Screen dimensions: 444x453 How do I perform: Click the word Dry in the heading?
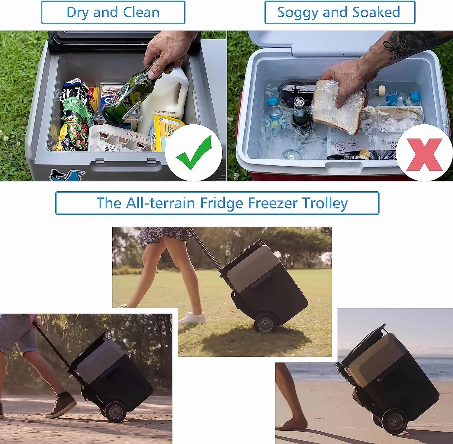point(76,13)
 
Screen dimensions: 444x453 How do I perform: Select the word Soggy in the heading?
point(297,13)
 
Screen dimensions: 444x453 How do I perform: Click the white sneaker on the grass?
point(192,318)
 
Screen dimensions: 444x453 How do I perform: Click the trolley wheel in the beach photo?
point(394,421)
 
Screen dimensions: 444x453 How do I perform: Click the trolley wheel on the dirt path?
point(116,411)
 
